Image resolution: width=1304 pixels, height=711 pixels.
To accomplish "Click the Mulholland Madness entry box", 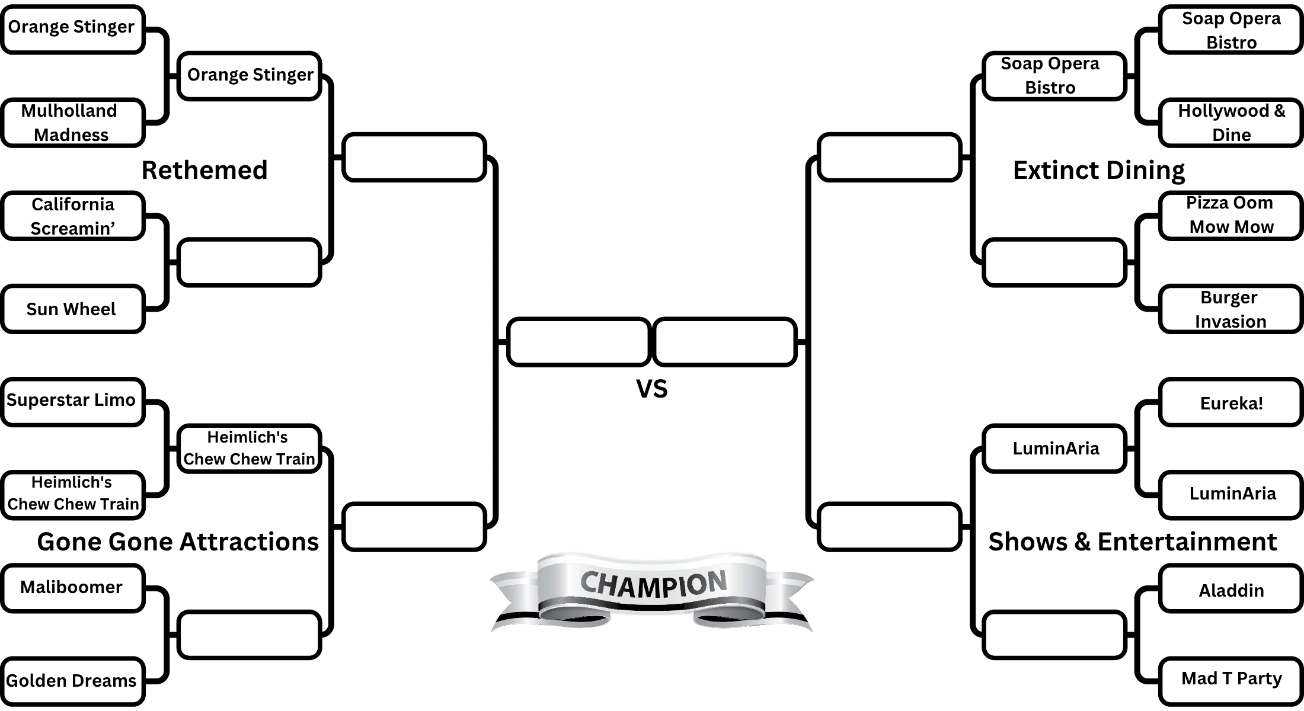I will [72, 123].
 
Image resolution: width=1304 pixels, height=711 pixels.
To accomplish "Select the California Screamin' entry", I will [72, 216].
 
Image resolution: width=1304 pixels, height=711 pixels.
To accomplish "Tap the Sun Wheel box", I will [72, 309].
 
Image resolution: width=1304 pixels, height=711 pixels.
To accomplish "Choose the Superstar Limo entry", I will [72, 401].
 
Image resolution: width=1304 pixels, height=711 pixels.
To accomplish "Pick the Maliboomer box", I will [72, 587].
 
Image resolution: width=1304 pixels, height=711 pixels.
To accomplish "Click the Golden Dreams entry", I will [72, 680].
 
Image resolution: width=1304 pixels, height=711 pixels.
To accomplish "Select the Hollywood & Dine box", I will [1231, 123].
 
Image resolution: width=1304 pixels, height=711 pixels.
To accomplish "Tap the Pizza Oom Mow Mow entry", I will [1231, 215].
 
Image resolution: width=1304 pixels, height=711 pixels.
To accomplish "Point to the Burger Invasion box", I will [1231, 309].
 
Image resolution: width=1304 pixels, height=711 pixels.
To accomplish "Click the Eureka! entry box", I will [1231, 403].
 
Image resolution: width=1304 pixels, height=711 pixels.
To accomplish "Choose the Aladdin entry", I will [1231, 590].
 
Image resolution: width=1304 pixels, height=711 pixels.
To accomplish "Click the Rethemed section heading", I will [204, 170].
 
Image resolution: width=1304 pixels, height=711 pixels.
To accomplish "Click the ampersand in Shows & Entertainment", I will [1082, 542].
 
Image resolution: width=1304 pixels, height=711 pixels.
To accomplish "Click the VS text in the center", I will [651, 389].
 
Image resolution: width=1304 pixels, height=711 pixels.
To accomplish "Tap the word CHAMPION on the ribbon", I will [653, 584].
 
